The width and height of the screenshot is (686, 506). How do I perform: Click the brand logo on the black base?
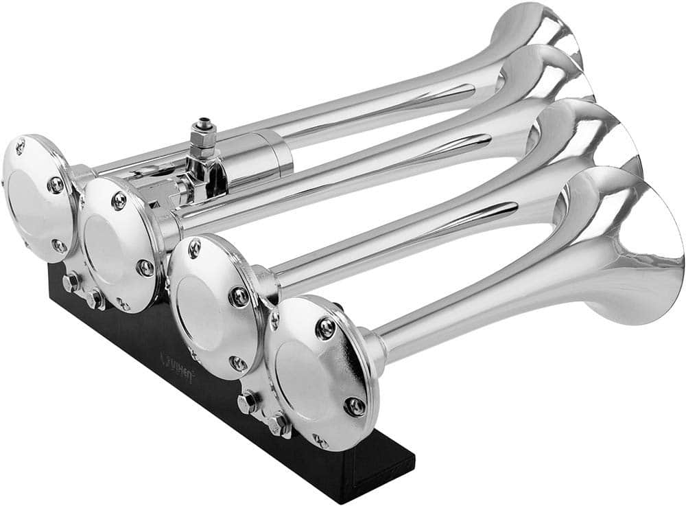[x=177, y=358]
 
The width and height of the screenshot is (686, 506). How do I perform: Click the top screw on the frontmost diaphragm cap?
[x=327, y=328]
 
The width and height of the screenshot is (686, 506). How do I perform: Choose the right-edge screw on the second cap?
[x=145, y=268]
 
